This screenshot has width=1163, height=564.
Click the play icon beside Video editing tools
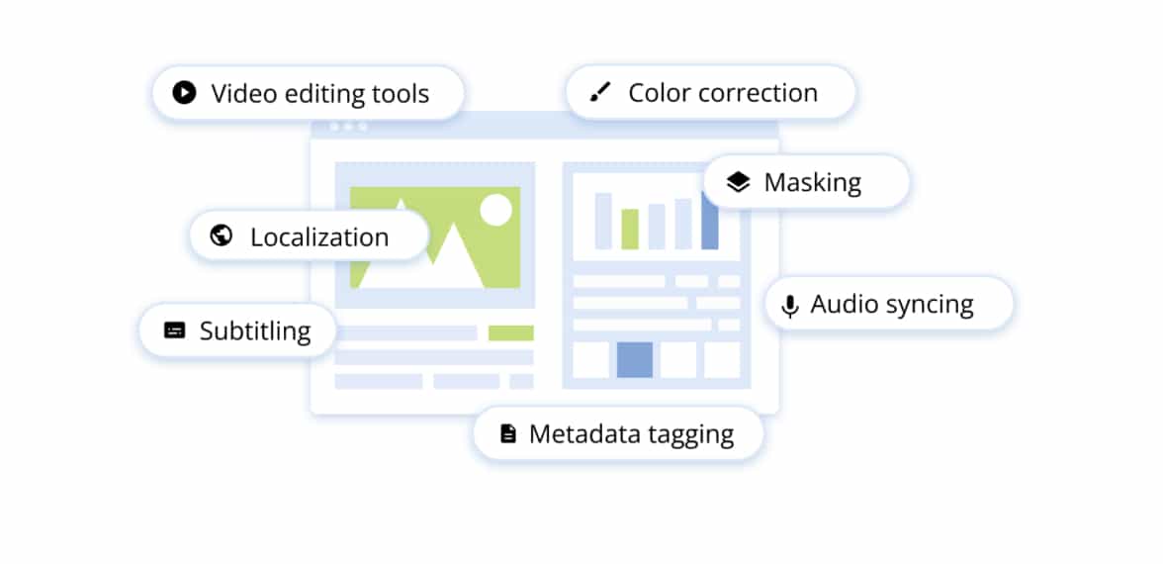tap(183, 93)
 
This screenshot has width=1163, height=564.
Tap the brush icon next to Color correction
tap(599, 93)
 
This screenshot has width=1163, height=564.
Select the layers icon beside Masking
tap(738, 182)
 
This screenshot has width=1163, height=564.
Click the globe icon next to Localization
tap(222, 235)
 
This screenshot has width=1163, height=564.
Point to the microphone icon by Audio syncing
tap(789, 306)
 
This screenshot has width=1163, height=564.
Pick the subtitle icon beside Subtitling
tap(174, 330)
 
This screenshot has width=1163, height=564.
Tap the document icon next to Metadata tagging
tap(508, 433)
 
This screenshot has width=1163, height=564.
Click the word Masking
tap(812, 183)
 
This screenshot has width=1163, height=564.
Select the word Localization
tap(318, 237)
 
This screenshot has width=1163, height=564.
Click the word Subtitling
tap(255, 331)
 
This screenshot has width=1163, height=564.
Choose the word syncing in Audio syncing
tap(929, 306)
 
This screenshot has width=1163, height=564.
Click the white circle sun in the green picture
tap(494, 209)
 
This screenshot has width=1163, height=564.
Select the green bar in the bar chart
tap(630, 229)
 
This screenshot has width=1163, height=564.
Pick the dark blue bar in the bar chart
tap(709, 222)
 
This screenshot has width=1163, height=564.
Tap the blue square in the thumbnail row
tap(634, 359)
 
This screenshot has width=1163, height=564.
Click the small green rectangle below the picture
tap(510, 333)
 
